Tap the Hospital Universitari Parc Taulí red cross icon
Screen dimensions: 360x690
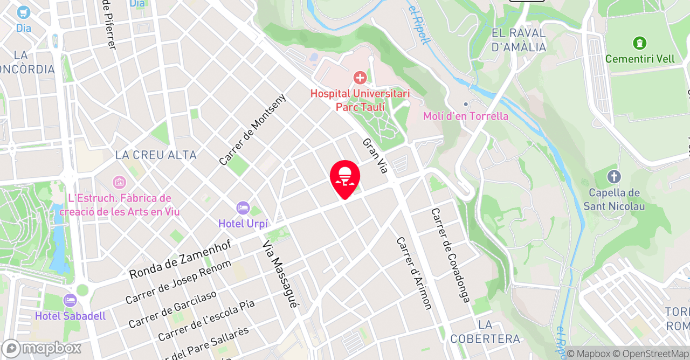(360, 78)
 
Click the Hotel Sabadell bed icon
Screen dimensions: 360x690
(70, 301)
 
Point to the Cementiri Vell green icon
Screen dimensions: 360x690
(640, 43)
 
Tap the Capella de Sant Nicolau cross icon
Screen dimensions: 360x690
(614, 177)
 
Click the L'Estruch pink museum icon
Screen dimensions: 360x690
(119, 182)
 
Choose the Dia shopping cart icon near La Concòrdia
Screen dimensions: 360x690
(23, 12)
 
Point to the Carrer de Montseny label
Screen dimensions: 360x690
(252, 129)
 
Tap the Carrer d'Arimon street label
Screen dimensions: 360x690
(415, 273)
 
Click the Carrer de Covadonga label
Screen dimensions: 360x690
(451, 255)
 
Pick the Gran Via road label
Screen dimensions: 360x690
(375, 156)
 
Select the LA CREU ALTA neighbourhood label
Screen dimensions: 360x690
(156, 155)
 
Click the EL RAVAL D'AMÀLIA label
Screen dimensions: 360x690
(519, 40)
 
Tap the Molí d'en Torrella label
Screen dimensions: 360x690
(466, 116)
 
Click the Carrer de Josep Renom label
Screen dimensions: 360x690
(178, 281)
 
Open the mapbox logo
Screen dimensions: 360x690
(41, 348)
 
